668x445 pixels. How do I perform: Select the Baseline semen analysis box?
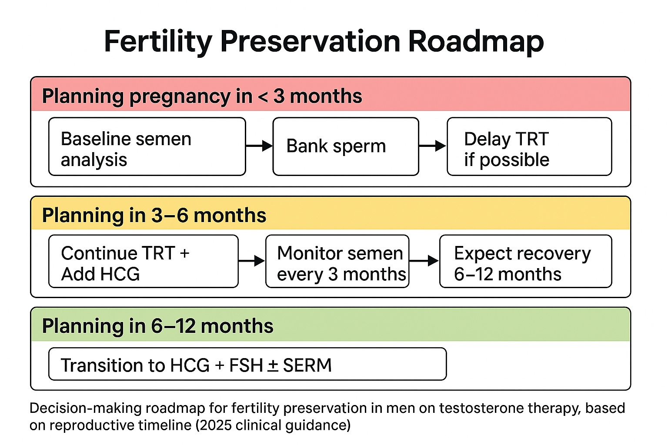(x=147, y=146)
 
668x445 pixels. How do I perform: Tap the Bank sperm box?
(x=346, y=146)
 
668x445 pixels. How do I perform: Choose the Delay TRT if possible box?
(x=529, y=146)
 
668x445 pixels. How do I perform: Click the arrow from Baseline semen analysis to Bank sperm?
(x=259, y=146)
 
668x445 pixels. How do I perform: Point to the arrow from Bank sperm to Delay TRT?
(x=433, y=146)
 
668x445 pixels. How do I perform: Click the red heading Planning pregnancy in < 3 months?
(x=202, y=96)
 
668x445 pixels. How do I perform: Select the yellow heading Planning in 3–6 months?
(x=154, y=215)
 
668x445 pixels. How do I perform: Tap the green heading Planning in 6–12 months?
(x=157, y=326)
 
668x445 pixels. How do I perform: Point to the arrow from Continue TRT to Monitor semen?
(x=252, y=261)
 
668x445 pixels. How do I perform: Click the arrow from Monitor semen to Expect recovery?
(x=424, y=261)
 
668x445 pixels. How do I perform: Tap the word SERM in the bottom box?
(x=307, y=365)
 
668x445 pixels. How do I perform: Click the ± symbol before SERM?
(x=272, y=365)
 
